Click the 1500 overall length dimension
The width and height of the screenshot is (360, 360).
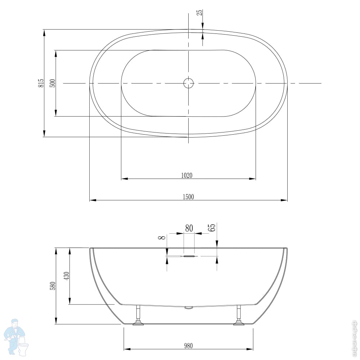pyautogui.click(x=188, y=197)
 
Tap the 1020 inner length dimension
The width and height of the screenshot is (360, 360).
pyautogui.click(x=186, y=175)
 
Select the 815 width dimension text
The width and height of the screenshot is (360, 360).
pyautogui.click(x=41, y=83)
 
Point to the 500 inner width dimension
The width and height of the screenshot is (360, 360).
pyautogui.click(x=53, y=83)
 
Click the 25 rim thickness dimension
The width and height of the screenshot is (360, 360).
pyautogui.click(x=200, y=12)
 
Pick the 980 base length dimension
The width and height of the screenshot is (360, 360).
pyautogui.click(x=188, y=346)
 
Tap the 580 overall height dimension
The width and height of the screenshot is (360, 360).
pyautogui.click(x=53, y=286)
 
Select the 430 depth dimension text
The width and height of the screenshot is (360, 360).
pyautogui.click(x=66, y=276)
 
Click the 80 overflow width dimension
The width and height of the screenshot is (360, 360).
pyautogui.click(x=189, y=228)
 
